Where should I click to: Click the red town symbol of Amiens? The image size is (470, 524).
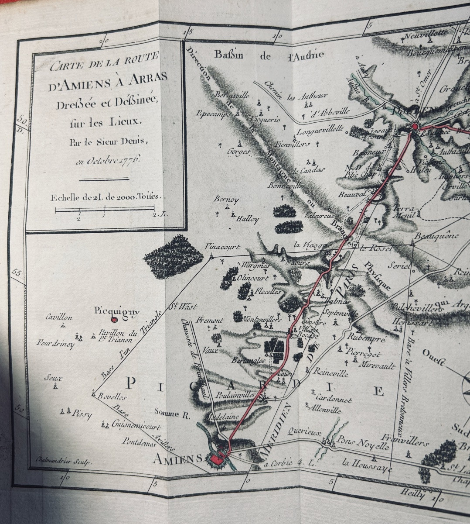(217, 458)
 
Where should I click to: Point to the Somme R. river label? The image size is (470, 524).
(172, 414)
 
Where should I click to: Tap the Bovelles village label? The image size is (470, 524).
(112, 396)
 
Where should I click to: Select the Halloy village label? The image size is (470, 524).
(247, 219)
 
